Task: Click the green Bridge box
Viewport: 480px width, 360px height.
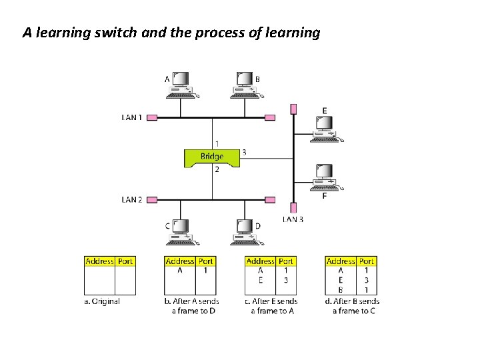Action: click(212, 157)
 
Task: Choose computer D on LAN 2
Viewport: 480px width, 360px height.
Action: click(243, 231)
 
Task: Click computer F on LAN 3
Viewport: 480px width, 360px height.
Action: click(325, 177)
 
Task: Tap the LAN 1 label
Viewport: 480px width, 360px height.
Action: click(132, 117)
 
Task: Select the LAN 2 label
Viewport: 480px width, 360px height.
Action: click(132, 199)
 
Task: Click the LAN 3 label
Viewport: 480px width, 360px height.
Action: click(293, 219)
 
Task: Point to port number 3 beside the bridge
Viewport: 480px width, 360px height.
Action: click(244, 152)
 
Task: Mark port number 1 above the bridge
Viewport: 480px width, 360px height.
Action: click(217, 143)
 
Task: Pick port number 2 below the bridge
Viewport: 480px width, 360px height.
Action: click(217, 170)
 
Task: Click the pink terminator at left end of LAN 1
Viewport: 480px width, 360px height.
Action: click(151, 117)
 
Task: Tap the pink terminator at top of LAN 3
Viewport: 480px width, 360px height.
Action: click(293, 109)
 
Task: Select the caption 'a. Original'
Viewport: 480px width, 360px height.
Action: click(102, 301)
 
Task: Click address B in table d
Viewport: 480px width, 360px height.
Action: click(341, 289)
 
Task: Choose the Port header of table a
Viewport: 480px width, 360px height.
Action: click(125, 261)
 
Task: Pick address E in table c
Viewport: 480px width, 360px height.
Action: click(260, 280)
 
